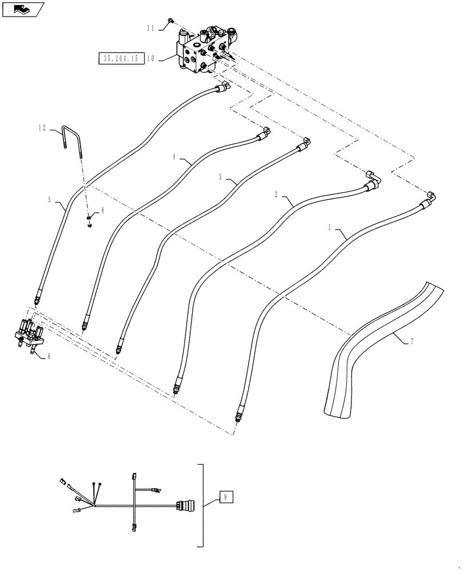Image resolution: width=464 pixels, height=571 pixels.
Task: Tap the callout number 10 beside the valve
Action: [x=151, y=58]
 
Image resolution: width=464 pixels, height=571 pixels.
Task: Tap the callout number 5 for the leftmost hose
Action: [x=50, y=200]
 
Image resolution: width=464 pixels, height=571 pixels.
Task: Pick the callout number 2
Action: [x=277, y=194]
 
